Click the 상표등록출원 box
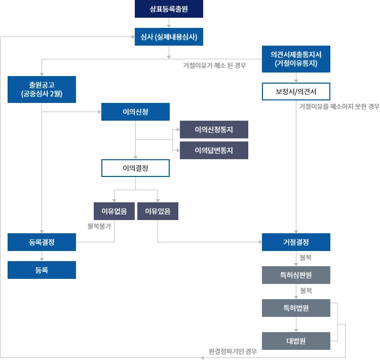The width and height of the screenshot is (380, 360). [x=169, y=9]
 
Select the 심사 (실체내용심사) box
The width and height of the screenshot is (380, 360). [x=169, y=37]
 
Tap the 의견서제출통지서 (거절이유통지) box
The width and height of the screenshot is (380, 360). [x=296, y=59]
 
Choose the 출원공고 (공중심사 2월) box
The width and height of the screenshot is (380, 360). [x=42, y=89]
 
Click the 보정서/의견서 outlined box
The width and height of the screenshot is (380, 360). [x=296, y=91]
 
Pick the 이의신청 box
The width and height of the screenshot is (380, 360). [x=135, y=112]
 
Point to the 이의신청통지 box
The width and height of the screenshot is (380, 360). [x=214, y=130]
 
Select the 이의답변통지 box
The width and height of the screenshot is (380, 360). [x=214, y=150]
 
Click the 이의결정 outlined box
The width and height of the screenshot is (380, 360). [x=135, y=168]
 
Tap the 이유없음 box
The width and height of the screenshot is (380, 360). [x=114, y=211]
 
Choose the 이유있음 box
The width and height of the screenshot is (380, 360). [x=158, y=211]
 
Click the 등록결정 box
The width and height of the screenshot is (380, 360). [x=42, y=242]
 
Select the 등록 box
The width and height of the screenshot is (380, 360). [x=42, y=270]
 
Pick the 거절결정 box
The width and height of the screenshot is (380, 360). [x=296, y=242]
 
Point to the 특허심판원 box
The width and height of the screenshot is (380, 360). [x=296, y=275]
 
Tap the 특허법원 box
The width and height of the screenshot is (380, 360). [x=296, y=308]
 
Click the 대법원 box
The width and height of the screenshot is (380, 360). [x=296, y=341]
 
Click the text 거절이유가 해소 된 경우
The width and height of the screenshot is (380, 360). [x=214, y=66]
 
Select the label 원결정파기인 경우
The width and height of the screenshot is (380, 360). [x=233, y=351]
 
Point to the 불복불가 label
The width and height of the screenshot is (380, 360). [x=99, y=226]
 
